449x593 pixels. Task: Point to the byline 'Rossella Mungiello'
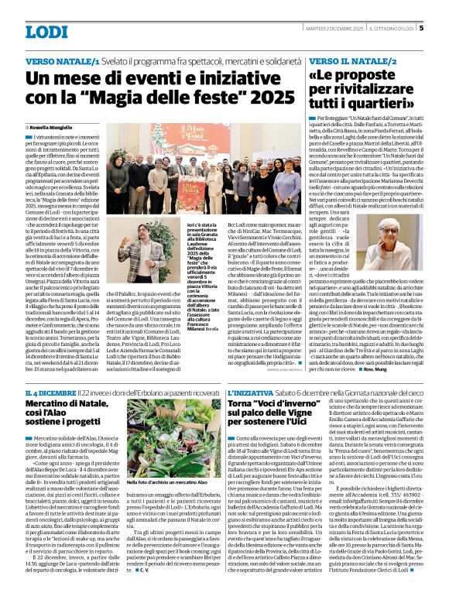[x=55, y=127]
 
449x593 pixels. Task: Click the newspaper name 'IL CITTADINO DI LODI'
[x=392, y=29]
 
